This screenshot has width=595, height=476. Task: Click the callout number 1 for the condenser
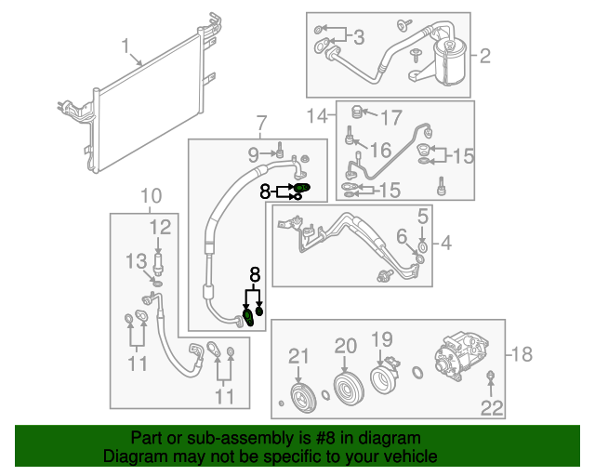pyautogui.click(x=126, y=47)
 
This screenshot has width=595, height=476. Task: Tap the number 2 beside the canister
pyautogui.click(x=483, y=57)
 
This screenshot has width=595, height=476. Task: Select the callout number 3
pyautogui.click(x=359, y=37)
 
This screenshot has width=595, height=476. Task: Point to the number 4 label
pyautogui.click(x=445, y=244)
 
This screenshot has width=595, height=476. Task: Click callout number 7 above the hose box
pyautogui.click(x=260, y=122)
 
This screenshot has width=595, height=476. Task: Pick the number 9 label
pyautogui.click(x=254, y=152)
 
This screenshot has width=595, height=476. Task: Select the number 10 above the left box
pyautogui.click(x=151, y=195)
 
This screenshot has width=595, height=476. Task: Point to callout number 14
pyautogui.click(x=319, y=116)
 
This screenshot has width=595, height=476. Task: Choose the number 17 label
pyautogui.click(x=391, y=118)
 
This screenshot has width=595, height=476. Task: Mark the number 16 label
pyautogui.click(x=381, y=151)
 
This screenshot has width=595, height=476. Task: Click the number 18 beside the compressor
pyautogui.click(x=523, y=354)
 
